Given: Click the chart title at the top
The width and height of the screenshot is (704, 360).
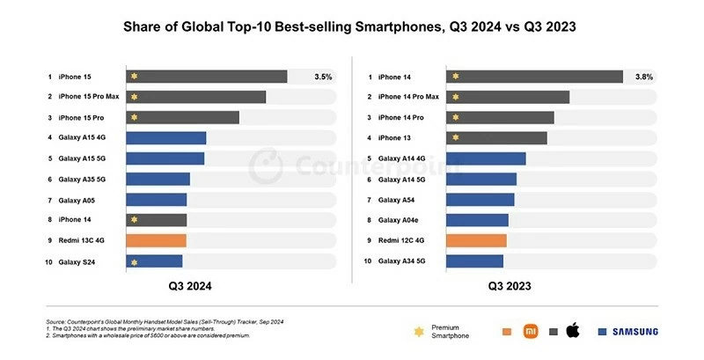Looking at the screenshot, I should [x=352, y=27].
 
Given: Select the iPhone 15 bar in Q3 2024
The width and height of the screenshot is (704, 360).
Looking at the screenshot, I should [x=207, y=77].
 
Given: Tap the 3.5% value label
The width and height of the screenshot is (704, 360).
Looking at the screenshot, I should [x=323, y=77].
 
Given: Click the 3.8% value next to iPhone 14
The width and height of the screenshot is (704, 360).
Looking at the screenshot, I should [x=644, y=77].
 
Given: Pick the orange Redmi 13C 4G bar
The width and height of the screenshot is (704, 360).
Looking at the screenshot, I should [x=156, y=240].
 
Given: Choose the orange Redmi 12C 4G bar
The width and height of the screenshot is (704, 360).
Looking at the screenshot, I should [x=476, y=240].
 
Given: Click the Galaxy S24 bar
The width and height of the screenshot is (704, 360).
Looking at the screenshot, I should [x=154, y=261].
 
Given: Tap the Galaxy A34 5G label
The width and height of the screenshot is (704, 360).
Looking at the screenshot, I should [x=402, y=261].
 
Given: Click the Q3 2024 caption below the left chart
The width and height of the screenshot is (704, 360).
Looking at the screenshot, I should [x=190, y=286].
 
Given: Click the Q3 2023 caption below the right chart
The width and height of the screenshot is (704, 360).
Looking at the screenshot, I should [x=510, y=286].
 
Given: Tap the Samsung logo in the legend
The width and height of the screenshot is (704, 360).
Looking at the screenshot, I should [x=627, y=332].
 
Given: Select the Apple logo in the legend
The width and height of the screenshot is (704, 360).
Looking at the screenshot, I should [x=573, y=331].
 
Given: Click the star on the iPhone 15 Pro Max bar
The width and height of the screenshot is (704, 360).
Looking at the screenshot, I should [x=135, y=97].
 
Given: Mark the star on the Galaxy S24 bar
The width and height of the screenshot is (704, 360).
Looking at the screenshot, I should [x=135, y=261].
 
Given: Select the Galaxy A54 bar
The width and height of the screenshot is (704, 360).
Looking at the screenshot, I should [x=480, y=200].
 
